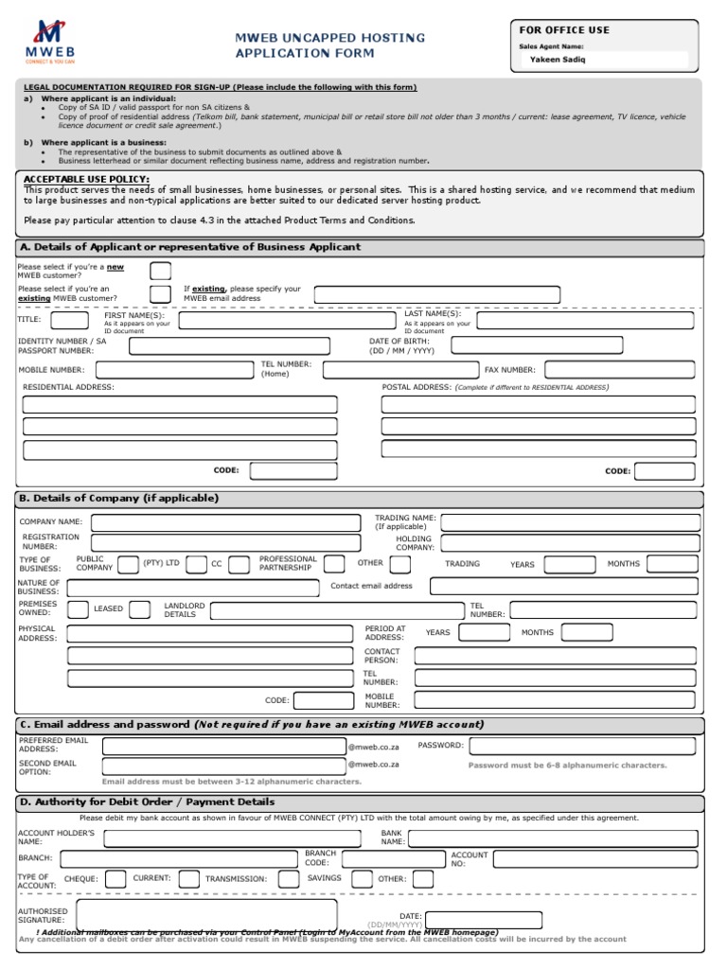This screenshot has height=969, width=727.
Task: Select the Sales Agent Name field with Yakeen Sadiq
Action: coord(606,60)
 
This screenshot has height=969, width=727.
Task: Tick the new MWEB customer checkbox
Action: coord(161,272)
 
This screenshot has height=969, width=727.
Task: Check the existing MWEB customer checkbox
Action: coord(161,293)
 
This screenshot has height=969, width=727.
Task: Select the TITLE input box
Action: coord(69,320)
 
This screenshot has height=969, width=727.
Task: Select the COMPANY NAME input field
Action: coord(225,521)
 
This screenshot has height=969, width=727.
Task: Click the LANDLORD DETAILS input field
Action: coord(336,610)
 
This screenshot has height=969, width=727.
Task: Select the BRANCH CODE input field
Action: coord(392,858)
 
